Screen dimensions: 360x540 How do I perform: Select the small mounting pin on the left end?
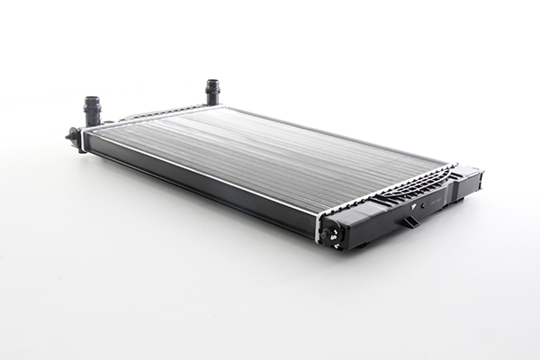tap(72, 136)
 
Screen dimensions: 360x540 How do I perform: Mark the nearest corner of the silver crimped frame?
tap(319, 217)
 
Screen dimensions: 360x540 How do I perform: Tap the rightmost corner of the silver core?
tap(447, 165)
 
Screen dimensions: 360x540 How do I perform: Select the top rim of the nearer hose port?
tap(92, 100)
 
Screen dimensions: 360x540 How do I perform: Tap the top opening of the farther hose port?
tap(212, 82)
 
